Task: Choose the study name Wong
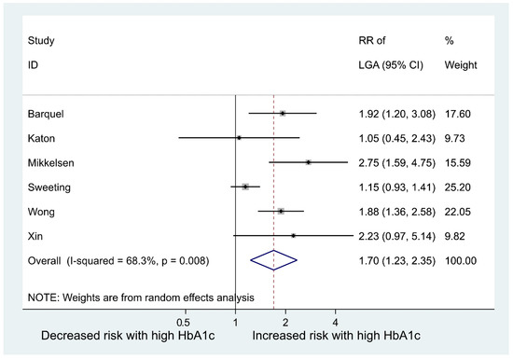tap(43, 211)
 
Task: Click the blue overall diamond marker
tap(272, 260)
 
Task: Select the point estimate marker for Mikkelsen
tap(308, 161)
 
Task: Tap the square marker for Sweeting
tap(244, 187)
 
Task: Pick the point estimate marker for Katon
tap(239, 137)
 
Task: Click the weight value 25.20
tap(459, 187)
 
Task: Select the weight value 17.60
tap(459, 113)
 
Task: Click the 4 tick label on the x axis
tap(335, 321)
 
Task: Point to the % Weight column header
tap(457, 52)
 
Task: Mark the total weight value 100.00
tap(462, 260)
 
